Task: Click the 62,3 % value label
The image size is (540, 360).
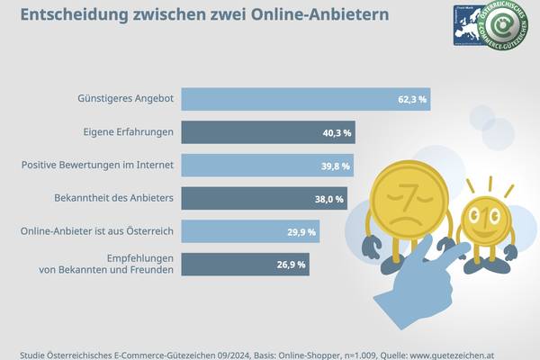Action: [x=409, y=100]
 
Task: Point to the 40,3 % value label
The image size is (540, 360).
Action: [x=337, y=133]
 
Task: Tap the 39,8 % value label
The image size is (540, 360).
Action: [x=335, y=166]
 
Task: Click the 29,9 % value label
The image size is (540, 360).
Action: [x=301, y=232]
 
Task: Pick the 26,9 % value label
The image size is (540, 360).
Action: [x=291, y=265]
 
